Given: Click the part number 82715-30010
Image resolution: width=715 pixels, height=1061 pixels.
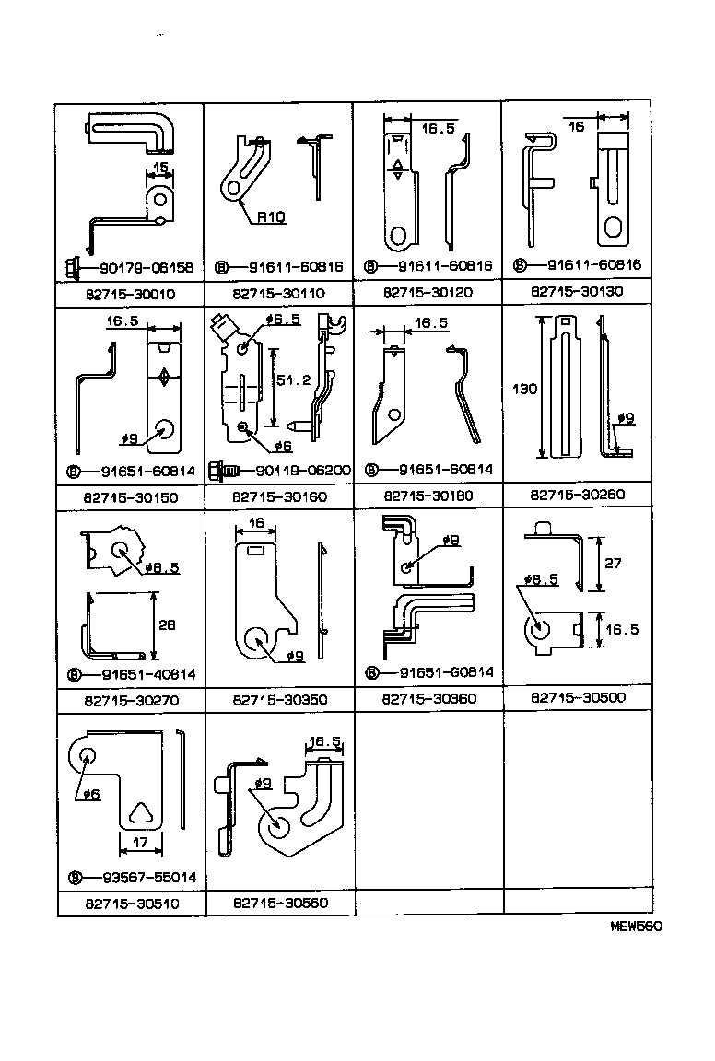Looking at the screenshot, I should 129,294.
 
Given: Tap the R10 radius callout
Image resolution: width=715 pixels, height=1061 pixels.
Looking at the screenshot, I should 271,217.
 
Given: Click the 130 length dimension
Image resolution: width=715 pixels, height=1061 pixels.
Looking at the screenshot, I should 524,390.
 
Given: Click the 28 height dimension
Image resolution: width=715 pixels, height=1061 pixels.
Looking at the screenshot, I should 166,624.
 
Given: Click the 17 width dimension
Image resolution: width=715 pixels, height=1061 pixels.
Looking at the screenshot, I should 140,841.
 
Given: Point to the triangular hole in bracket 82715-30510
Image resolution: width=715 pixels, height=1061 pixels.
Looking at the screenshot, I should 140,812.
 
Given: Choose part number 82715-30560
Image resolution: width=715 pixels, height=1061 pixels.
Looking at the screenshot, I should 279,904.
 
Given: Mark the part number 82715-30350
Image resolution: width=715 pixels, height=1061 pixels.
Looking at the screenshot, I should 279,700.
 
